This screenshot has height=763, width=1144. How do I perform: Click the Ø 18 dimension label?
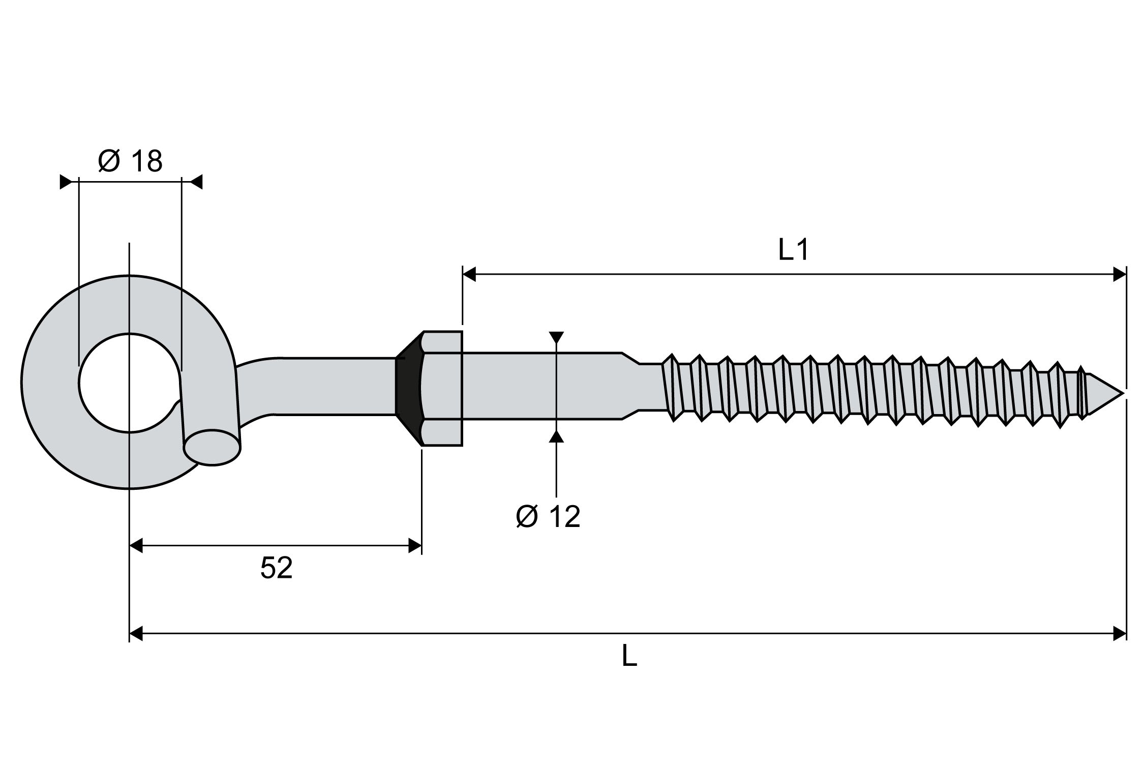pyautogui.click(x=130, y=161)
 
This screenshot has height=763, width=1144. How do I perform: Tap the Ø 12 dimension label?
pyautogui.click(x=548, y=517)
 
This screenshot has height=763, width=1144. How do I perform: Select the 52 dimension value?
pyautogui.click(x=276, y=568)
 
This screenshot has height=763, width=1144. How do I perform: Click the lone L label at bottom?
pyautogui.click(x=629, y=657)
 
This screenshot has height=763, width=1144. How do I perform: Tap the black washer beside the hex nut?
pyautogui.click(x=407, y=387)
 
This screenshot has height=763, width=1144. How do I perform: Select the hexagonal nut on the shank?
pyautogui.click(x=441, y=389)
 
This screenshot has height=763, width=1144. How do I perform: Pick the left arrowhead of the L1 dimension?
pyautogui.click(x=468, y=275)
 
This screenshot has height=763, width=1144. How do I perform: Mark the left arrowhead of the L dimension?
pyautogui.click(x=136, y=634)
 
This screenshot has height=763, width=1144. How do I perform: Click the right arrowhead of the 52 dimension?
pyautogui.click(x=415, y=547)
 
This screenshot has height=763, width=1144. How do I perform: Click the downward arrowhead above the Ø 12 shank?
pyautogui.click(x=557, y=337)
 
